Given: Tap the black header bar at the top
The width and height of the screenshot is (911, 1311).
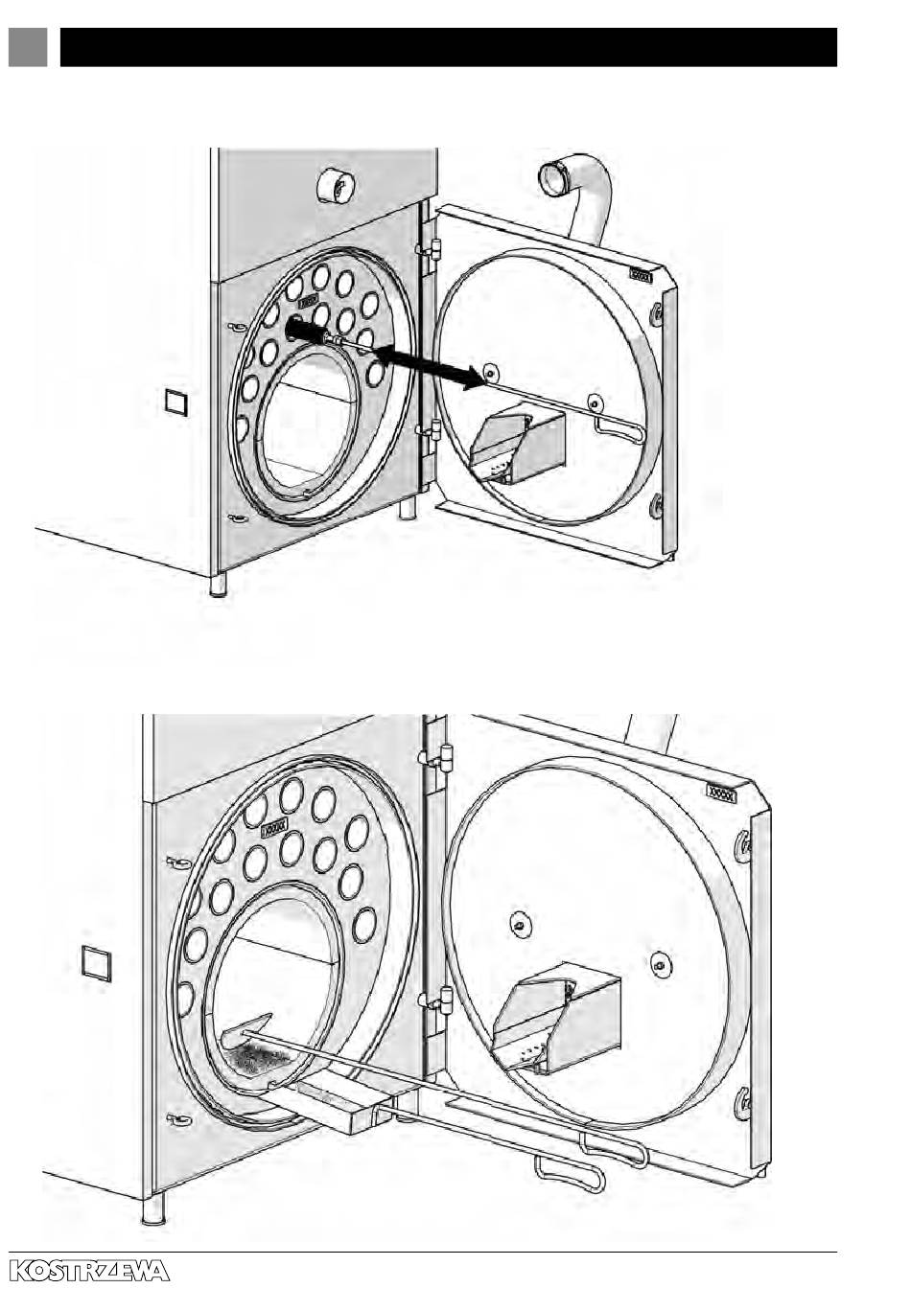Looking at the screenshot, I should [448, 47].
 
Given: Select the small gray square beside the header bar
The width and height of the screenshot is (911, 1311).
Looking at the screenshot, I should [28, 47].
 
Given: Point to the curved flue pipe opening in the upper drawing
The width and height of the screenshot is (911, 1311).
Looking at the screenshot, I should [555, 179].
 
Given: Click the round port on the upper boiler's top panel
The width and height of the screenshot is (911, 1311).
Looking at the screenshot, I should [335, 184].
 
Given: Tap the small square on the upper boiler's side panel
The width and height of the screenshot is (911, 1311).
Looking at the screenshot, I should [175, 402].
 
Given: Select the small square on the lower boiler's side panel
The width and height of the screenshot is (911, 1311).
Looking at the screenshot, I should [96, 963].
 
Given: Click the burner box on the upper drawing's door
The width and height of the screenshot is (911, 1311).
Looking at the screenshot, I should [518, 447].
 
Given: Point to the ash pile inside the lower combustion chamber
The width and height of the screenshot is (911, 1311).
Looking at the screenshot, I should [257, 1057].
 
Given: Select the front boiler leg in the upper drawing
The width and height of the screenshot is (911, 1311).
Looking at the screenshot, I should [219, 585].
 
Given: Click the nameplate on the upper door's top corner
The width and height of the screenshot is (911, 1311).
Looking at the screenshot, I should [641, 275].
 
